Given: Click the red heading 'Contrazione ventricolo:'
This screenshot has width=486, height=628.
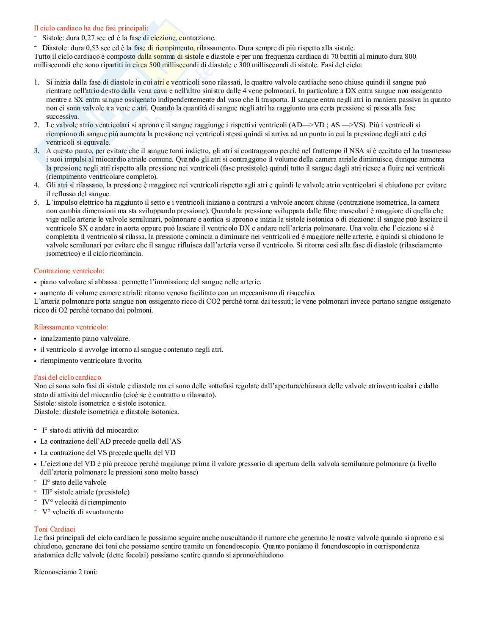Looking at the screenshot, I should coord(69,271).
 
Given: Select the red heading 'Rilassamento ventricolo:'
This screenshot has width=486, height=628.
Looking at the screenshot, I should coord(71,327).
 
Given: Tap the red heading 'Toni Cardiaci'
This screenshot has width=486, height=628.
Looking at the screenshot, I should coord(55,529).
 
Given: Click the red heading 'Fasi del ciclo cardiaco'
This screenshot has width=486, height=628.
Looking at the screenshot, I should coord(67,377).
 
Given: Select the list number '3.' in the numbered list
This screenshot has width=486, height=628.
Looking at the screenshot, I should coord(37,151).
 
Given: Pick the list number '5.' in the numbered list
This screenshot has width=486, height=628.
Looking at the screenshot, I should coord(37,203).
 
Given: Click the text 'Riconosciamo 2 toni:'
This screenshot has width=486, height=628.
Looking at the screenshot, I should coord(66,572).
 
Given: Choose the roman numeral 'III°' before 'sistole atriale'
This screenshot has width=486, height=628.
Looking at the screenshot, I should coord(47,492).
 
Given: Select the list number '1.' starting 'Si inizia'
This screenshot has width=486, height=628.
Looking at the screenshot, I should coord(37,82).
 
